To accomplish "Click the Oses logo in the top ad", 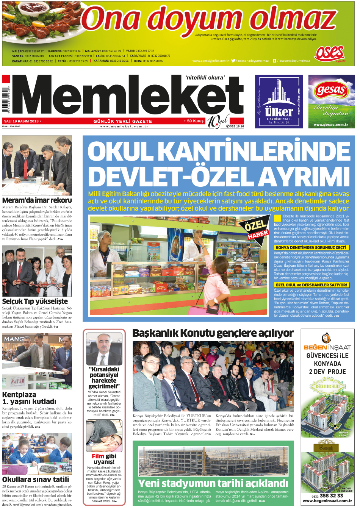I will (x=329, y=53).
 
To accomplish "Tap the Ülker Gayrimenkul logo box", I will (x=279, y=101).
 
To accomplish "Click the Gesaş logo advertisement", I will (x=331, y=101).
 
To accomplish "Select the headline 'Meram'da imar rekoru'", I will (x=37, y=200).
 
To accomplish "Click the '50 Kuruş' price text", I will (x=195, y=121).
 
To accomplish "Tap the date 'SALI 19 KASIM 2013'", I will (x=22, y=121).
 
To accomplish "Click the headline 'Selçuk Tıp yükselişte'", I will (x=35, y=301).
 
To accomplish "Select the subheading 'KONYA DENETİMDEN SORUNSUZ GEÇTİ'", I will (x=311, y=247).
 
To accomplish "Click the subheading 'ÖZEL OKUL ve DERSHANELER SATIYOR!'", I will (x=311, y=285).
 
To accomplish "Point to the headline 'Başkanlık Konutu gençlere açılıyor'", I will (x=213, y=333).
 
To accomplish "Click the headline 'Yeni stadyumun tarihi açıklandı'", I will (x=213, y=483).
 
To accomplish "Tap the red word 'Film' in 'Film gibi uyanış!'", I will (x=98, y=456).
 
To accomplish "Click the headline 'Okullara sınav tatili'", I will (x=36, y=479).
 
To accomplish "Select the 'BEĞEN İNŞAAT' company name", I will (x=327, y=347).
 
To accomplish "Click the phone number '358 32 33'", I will (x=331, y=495).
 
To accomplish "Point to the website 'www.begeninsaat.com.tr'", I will (x=327, y=501).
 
